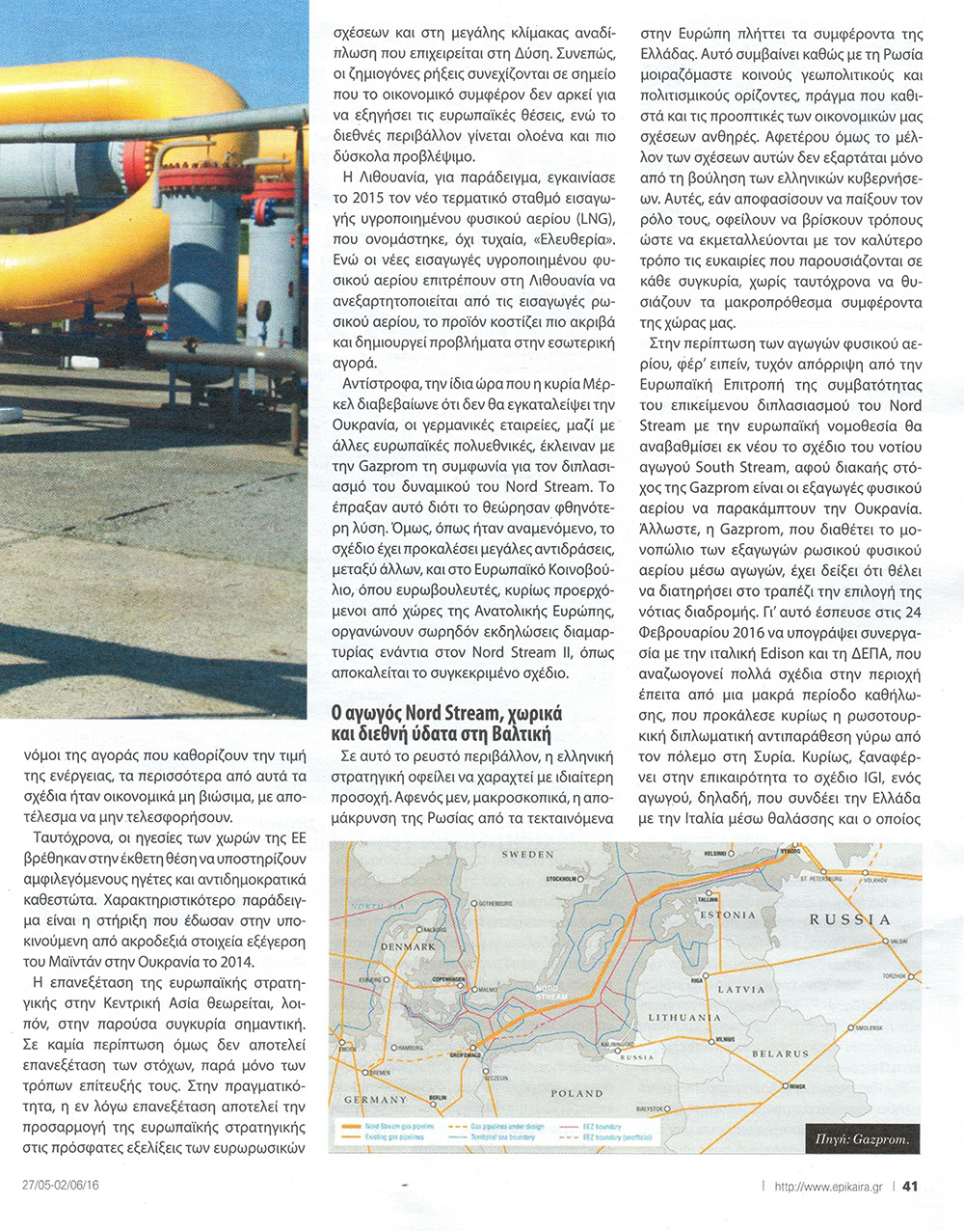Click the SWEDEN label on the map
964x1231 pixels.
(x=527, y=854)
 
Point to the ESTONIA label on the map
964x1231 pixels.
(x=728, y=915)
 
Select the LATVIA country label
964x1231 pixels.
(x=741, y=989)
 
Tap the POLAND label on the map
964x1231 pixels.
(x=576, y=1093)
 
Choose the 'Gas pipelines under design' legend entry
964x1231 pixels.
(x=508, y=1127)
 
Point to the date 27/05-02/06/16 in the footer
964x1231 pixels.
(x=62, y=1185)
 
